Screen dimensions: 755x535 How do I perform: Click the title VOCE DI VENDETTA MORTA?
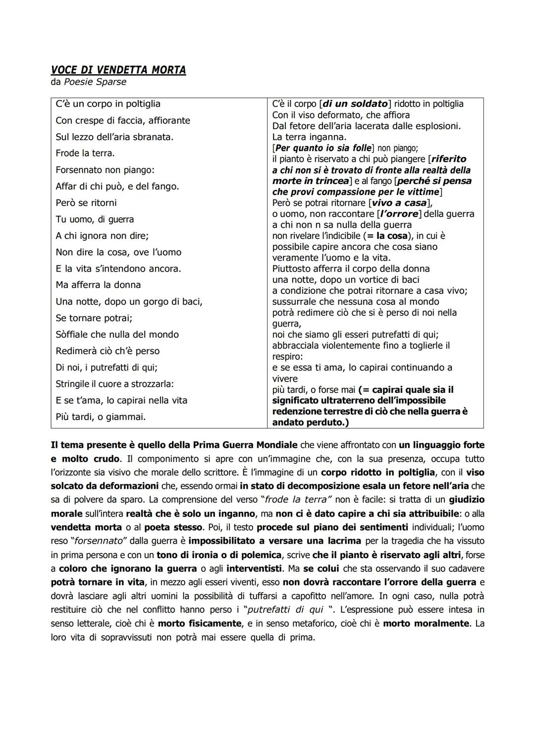click(118, 70)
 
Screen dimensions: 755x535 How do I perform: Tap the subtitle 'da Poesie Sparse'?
click(89, 82)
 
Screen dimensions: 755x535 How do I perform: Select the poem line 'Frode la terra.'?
click(85, 153)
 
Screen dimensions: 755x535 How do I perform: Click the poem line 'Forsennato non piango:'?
click(105, 170)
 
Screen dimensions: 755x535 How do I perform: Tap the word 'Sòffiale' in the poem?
click(73, 334)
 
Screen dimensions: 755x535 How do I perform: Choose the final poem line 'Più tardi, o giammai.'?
click(101, 417)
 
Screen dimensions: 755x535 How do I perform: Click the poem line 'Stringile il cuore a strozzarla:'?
click(114, 384)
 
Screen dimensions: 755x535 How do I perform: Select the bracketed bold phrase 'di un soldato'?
click(355, 104)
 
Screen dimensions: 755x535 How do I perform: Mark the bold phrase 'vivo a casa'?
click(399, 203)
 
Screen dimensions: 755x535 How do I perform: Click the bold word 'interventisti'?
click(255, 568)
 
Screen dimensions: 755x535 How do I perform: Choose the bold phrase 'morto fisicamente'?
click(200, 623)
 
